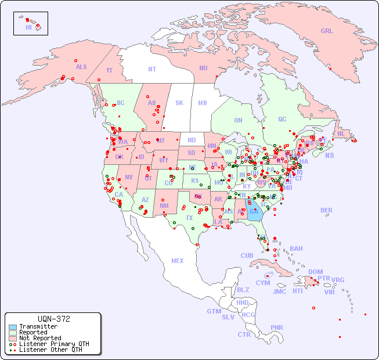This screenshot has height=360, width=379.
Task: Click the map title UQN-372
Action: (x=53, y=319)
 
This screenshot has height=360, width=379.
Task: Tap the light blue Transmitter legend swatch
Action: (x=13, y=327)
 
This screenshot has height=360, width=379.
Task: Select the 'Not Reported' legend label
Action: (x=40, y=338)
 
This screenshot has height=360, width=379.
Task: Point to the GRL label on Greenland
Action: (x=327, y=31)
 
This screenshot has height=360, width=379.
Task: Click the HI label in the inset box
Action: (x=28, y=27)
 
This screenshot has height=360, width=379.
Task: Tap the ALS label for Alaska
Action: (x=81, y=67)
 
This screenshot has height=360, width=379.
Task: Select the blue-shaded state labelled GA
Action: (x=254, y=211)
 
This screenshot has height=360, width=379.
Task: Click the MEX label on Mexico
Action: (x=178, y=261)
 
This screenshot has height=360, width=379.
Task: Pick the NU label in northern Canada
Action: (x=203, y=68)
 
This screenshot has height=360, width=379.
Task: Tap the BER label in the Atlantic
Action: (x=327, y=210)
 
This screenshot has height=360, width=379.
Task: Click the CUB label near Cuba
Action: (x=247, y=255)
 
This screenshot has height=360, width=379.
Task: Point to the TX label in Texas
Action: (x=189, y=218)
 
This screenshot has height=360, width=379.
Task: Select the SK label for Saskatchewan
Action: (x=179, y=103)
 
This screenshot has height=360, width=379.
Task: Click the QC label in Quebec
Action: (x=282, y=119)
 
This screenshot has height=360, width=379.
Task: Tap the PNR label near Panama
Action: (x=277, y=327)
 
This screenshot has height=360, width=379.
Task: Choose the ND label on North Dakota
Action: (x=192, y=140)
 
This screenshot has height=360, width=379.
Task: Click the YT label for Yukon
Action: (x=109, y=70)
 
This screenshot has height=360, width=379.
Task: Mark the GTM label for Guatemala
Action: (x=214, y=311)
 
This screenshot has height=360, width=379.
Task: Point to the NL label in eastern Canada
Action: (x=341, y=133)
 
